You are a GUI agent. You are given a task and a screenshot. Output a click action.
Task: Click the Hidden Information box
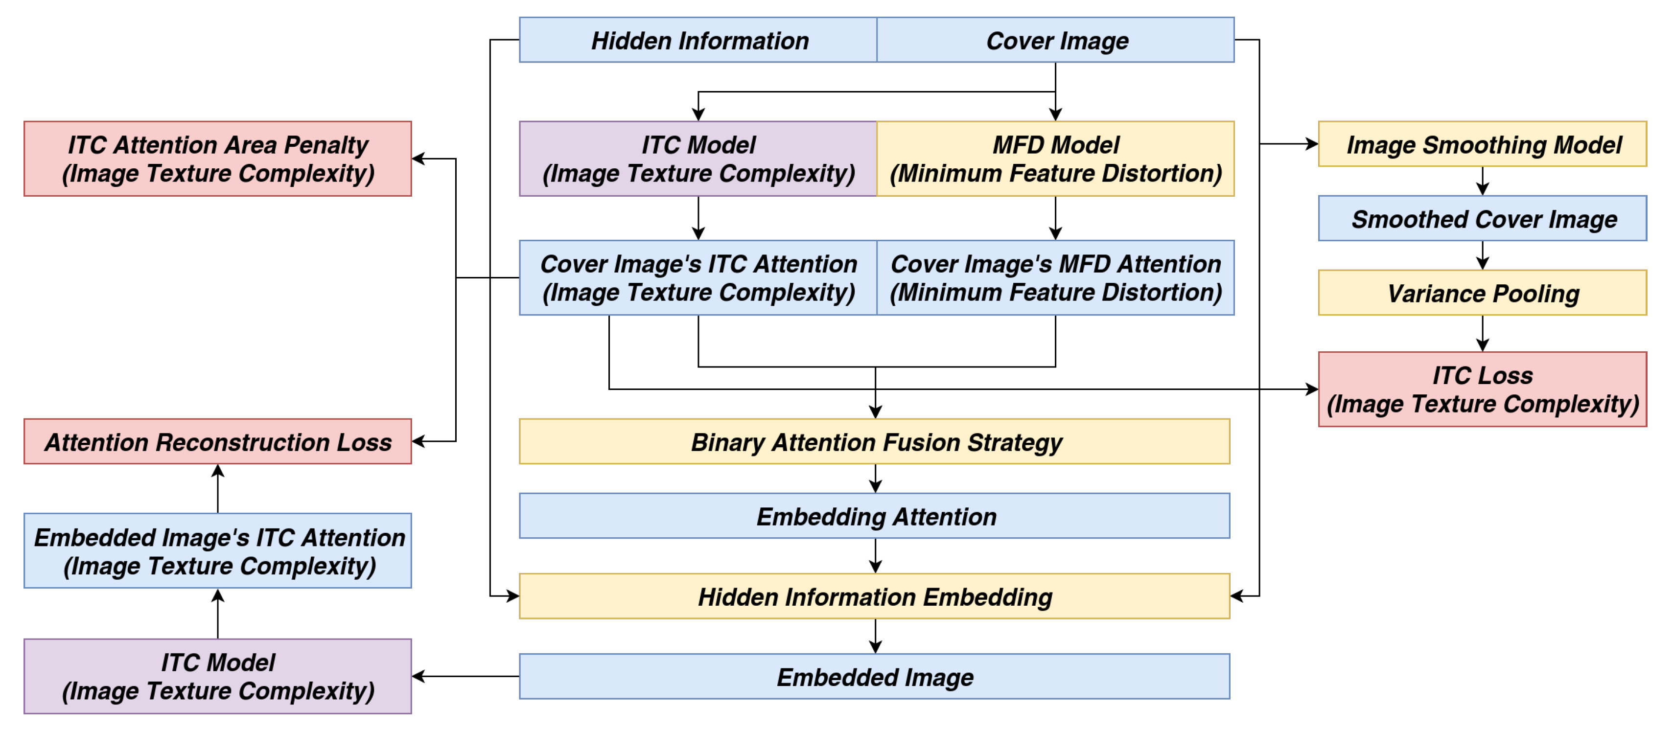(x=698, y=40)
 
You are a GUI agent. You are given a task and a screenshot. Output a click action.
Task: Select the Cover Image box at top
(x=1055, y=40)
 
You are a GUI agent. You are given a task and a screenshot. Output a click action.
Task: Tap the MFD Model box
(x=1055, y=159)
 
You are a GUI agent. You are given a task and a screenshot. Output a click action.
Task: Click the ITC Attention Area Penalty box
(x=218, y=159)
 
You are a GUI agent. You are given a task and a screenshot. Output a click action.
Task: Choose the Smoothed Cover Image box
(x=1482, y=219)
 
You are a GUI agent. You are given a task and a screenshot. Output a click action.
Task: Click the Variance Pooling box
(x=1482, y=293)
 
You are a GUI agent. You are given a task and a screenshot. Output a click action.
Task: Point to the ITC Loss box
(x=1482, y=389)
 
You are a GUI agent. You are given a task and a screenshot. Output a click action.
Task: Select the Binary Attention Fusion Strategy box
(x=875, y=442)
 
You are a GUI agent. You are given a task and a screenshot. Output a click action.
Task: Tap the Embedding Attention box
(x=875, y=516)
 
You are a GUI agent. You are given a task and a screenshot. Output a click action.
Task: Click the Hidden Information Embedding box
(x=875, y=596)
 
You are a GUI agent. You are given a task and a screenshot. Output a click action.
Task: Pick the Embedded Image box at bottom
(x=875, y=677)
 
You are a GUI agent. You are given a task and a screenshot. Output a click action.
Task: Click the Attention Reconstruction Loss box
(x=218, y=442)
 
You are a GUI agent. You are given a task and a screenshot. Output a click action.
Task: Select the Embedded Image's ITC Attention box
(x=218, y=551)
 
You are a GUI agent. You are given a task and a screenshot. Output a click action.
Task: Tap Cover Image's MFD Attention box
(x=1055, y=278)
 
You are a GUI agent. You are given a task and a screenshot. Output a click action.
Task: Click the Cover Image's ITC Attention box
(x=698, y=278)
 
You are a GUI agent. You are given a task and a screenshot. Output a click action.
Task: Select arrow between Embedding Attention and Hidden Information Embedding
(x=875, y=556)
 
